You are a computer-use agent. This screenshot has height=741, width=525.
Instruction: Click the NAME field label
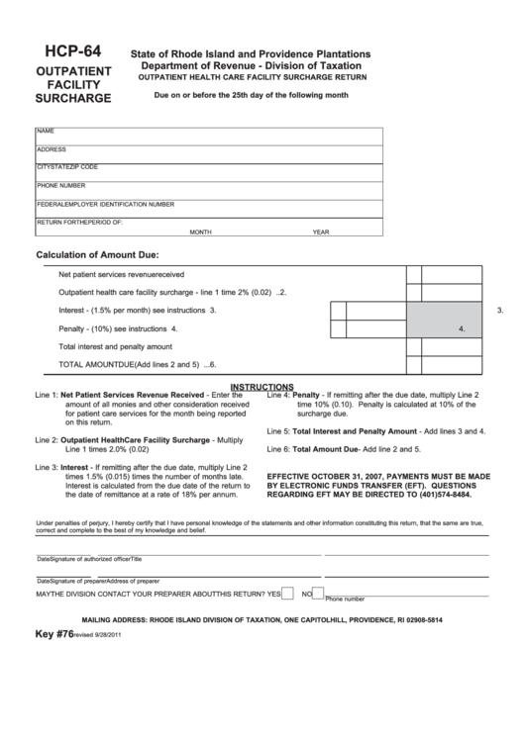[46, 131]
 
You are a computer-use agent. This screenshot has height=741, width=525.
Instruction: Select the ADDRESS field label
[52, 149]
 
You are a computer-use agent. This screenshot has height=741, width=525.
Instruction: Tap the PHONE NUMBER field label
[61, 185]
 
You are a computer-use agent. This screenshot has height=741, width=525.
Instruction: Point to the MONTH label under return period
[201, 232]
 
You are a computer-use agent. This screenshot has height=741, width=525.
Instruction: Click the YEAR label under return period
[320, 232]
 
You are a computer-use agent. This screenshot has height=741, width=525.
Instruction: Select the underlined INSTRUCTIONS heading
[262, 387]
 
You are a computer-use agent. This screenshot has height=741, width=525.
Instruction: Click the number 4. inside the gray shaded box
[462, 328]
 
